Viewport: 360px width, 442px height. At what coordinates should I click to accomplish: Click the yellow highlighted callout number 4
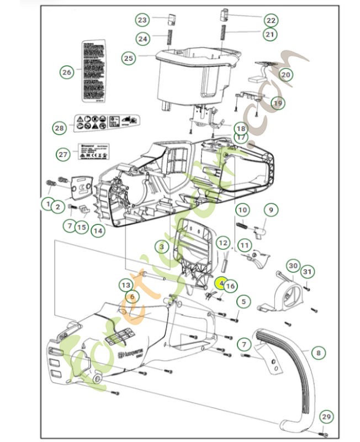pyautogui.click(x=221, y=282)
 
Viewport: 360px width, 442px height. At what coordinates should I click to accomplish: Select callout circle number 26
pyautogui.click(x=66, y=72)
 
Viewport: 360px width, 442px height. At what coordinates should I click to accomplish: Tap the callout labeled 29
pyautogui.click(x=327, y=417)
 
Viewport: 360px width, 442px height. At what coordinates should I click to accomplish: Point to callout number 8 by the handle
pyautogui.click(x=318, y=351)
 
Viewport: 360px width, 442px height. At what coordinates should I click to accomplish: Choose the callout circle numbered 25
pyautogui.click(x=129, y=57)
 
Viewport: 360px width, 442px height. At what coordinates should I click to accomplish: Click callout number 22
pyautogui.click(x=270, y=20)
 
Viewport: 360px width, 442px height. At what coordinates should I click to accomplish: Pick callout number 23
pyautogui.click(x=142, y=20)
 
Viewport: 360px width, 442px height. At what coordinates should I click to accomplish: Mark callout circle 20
pyautogui.click(x=285, y=74)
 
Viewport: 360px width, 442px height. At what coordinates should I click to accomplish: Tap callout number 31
pyautogui.click(x=308, y=271)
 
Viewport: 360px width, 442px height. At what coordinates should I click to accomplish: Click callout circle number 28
pyautogui.click(x=60, y=128)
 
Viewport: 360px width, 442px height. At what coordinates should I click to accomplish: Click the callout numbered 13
pyautogui.click(x=126, y=285)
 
